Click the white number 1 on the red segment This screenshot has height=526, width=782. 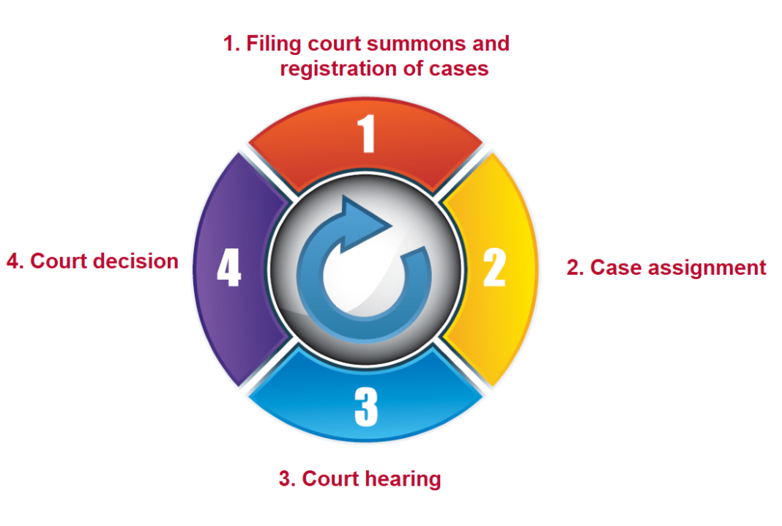click(367, 133)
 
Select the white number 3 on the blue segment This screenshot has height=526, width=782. click(366, 407)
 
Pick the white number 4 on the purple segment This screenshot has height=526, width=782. click(228, 268)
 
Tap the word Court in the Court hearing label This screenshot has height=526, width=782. click(327, 479)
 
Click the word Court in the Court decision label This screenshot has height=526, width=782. click(56, 261)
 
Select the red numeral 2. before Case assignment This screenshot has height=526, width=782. click(576, 268)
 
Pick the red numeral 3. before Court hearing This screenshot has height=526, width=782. click(287, 479)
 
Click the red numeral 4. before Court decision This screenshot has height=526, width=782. click(15, 261)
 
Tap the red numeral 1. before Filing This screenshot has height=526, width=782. click(231, 44)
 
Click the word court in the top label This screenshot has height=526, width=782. click(323, 44)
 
